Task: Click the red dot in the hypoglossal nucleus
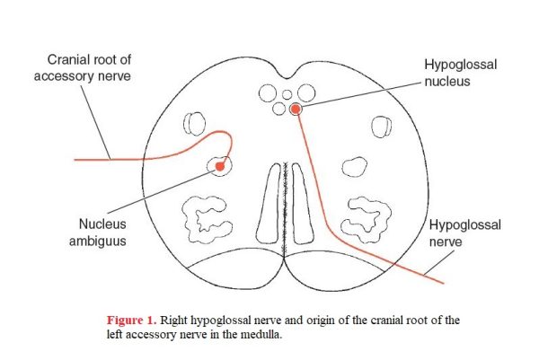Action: pyautogui.click(x=295, y=110)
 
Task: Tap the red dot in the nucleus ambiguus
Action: pyautogui.click(x=220, y=167)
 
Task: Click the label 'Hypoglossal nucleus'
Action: pyautogui.click(x=461, y=73)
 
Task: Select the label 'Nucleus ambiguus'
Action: pyautogui.click(x=98, y=233)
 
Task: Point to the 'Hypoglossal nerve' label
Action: pyautogui.click(x=464, y=233)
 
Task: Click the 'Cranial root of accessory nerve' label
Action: pyautogui.click(x=83, y=67)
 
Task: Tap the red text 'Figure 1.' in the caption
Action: pyautogui.click(x=132, y=320)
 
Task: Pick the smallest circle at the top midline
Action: pyautogui.click(x=287, y=94)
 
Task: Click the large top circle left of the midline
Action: pyautogui.click(x=268, y=93)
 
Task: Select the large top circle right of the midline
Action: pyautogui.click(x=306, y=92)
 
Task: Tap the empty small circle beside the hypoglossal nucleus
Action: pyautogui.click(x=278, y=109)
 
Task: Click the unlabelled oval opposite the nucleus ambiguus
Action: pyautogui.click(x=355, y=167)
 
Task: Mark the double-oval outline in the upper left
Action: pyautogui.click(x=195, y=124)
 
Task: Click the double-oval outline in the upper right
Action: pyautogui.click(x=381, y=127)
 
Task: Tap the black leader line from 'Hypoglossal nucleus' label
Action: pyautogui.click(x=361, y=94)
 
